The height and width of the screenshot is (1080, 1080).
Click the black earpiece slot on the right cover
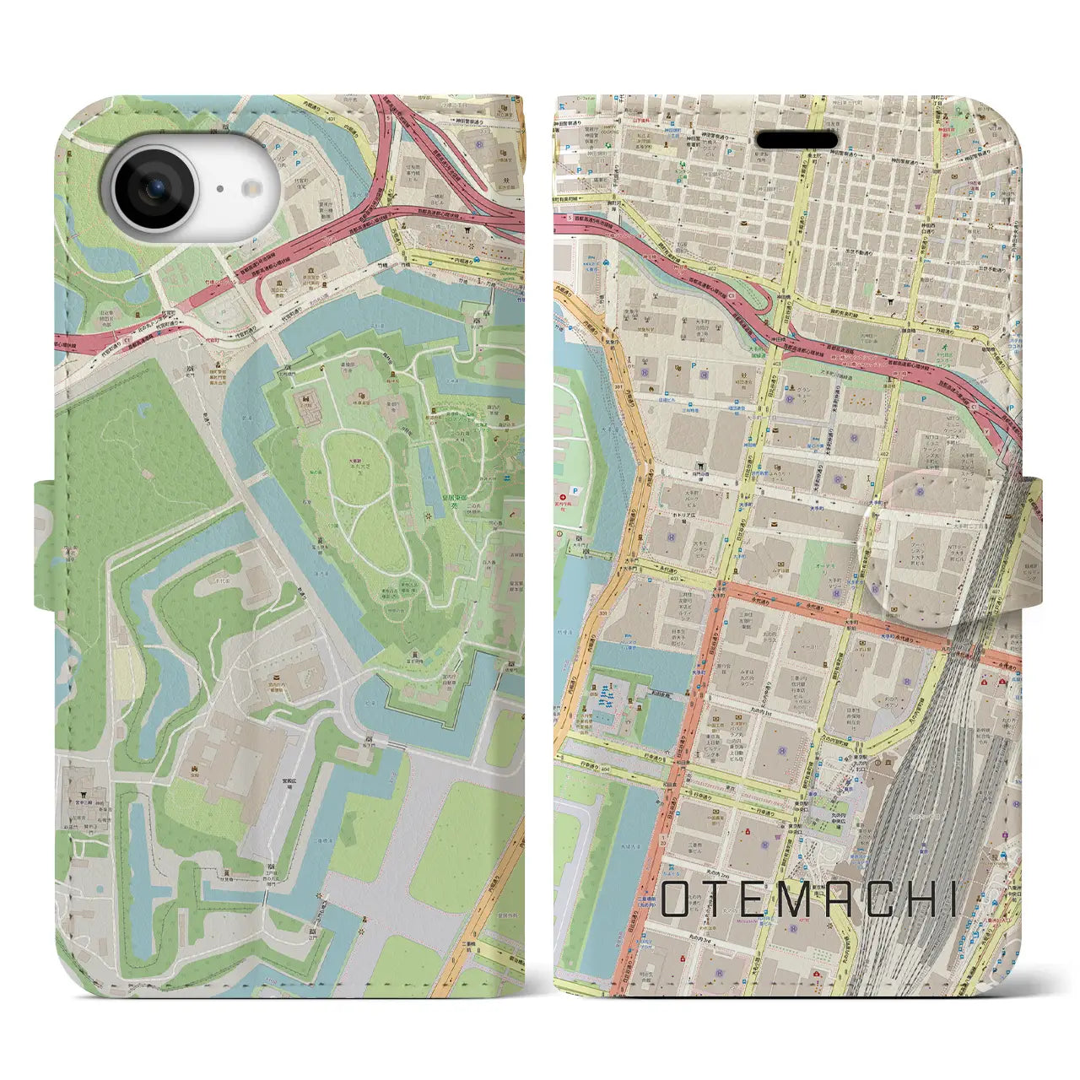(x=796, y=139)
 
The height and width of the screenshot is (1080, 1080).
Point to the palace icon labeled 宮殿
(x=196, y=769)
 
